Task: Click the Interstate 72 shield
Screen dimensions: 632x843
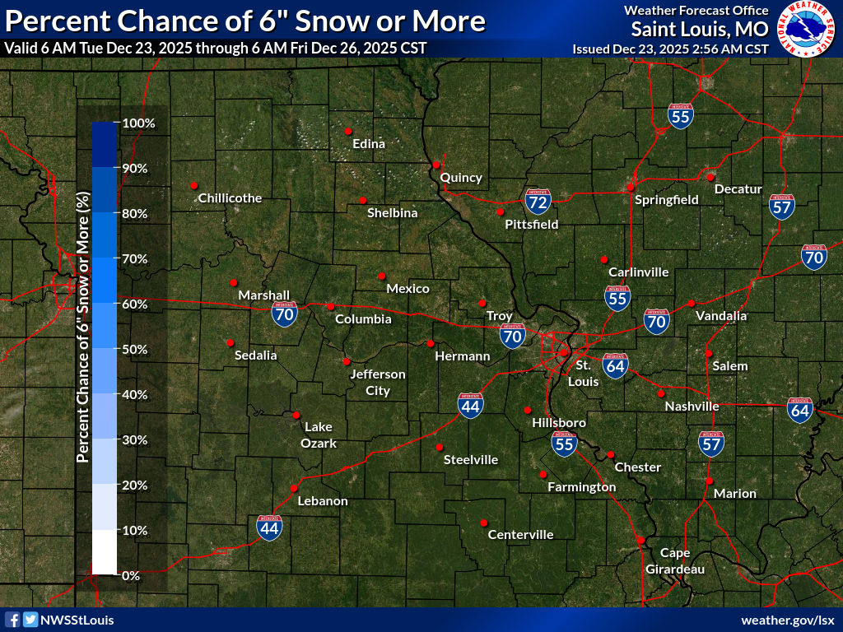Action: tap(538, 200)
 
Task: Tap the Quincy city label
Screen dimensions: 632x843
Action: tap(461, 178)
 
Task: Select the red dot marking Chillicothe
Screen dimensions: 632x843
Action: tap(194, 185)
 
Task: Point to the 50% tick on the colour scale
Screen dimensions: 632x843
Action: tap(134, 349)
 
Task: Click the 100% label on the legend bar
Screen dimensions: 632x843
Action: tap(138, 123)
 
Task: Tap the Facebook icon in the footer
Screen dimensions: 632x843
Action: tap(12, 620)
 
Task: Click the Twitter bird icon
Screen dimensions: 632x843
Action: tap(30, 620)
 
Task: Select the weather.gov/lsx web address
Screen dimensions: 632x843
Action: tap(788, 620)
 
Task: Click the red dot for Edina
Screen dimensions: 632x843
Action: tap(348, 131)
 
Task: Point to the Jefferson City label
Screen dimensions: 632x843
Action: tap(378, 382)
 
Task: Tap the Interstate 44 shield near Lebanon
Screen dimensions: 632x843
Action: tap(269, 527)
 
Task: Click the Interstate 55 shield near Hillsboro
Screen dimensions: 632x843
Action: tap(564, 444)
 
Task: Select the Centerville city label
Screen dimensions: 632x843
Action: tap(520, 535)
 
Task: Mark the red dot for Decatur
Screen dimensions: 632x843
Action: tap(710, 177)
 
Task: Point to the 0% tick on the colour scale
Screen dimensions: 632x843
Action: tap(130, 575)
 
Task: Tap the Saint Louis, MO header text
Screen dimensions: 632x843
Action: tap(700, 30)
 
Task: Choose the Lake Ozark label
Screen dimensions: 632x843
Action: tap(320, 434)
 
